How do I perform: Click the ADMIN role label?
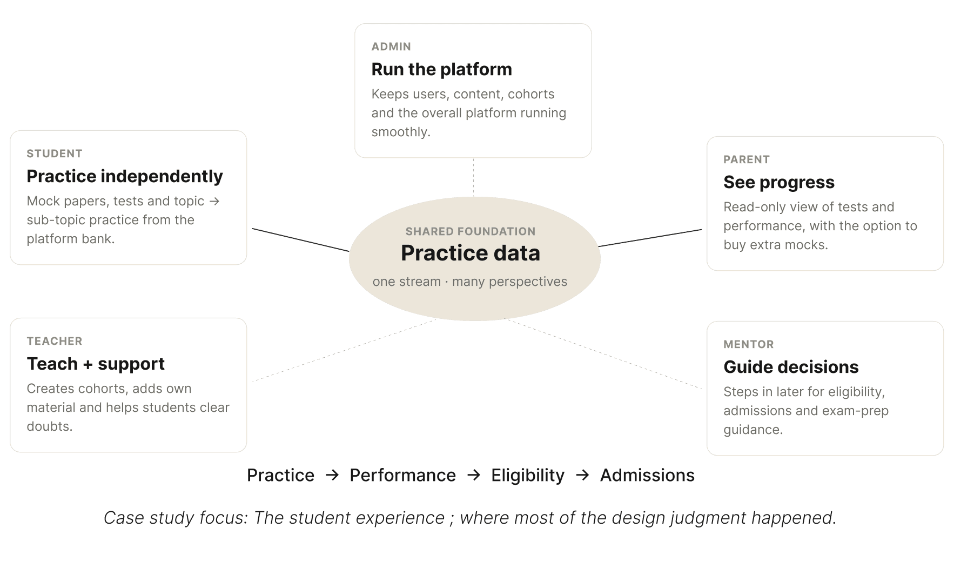(x=391, y=46)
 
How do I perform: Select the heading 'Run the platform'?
(x=441, y=69)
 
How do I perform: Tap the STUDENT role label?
(x=55, y=153)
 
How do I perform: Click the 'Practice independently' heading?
(x=125, y=176)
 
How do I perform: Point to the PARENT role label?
(x=747, y=159)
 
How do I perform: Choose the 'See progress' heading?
(x=779, y=182)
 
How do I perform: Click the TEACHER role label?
(x=55, y=341)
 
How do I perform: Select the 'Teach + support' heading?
(x=96, y=364)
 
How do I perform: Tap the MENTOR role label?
(x=749, y=344)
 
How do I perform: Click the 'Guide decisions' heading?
(x=791, y=367)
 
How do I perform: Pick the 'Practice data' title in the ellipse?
(x=471, y=253)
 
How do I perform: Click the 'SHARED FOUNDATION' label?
(x=471, y=231)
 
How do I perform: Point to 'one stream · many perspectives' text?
(x=470, y=282)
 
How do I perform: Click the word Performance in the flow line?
(x=402, y=475)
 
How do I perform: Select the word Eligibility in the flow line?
(x=528, y=475)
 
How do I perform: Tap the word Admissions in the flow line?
(x=647, y=475)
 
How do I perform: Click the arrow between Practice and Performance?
(x=332, y=475)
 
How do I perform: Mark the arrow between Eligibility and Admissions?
(x=582, y=475)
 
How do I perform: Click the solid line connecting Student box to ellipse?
(x=301, y=240)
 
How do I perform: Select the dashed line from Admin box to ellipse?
(x=474, y=177)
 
